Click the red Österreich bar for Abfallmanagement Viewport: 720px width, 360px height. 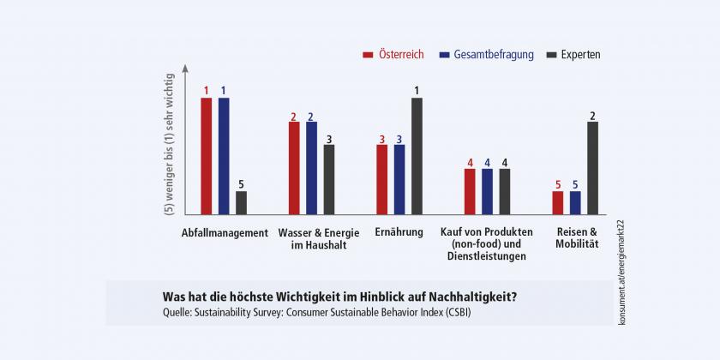[x=207, y=155]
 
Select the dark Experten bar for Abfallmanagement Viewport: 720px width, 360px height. [x=242, y=202]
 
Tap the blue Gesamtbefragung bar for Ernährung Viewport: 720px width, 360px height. [x=399, y=179]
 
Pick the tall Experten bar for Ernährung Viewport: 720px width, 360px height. [x=417, y=155]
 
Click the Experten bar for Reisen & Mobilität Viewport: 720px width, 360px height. [x=593, y=167]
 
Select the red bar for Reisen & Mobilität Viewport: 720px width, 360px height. [x=558, y=202]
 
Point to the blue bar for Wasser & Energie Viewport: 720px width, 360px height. [x=312, y=167]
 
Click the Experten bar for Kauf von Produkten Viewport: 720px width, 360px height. [x=505, y=190]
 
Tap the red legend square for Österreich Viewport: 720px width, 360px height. [x=368, y=55]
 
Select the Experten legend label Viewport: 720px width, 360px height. [x=580, y=55]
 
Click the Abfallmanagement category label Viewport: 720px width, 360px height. [x=225, y=233]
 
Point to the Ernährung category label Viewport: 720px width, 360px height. [x=399, y=233]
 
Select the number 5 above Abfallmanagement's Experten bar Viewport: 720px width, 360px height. [x=242, y=183]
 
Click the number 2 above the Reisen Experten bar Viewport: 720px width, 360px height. [x=593, y=114]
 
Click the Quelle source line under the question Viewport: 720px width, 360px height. [x=316, y=312]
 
